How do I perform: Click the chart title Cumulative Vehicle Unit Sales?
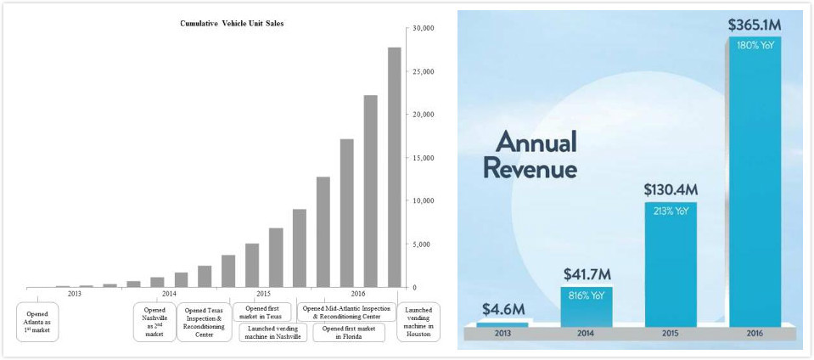pyautogui.click(x=232, y=24)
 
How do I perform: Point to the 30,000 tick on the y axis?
pyautogui.click(x=424, y=28)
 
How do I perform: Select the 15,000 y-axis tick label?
pyautogui.click(x=424, y=158)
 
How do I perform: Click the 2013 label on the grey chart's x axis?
pyautogui.click(x=75, y=293)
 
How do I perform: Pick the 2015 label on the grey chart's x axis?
pyautogui.click(x=263, y=293)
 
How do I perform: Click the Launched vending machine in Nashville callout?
pyautogui.click(x=268, y=332)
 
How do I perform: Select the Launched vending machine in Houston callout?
pyautogui.click(x=418, y=322)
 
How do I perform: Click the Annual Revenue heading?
pyautogui.click(x=530, y=155)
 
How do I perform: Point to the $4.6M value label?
pyautogui.click(x=503, y=309)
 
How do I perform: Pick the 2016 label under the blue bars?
pyautogui.click(x=755, y=334)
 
